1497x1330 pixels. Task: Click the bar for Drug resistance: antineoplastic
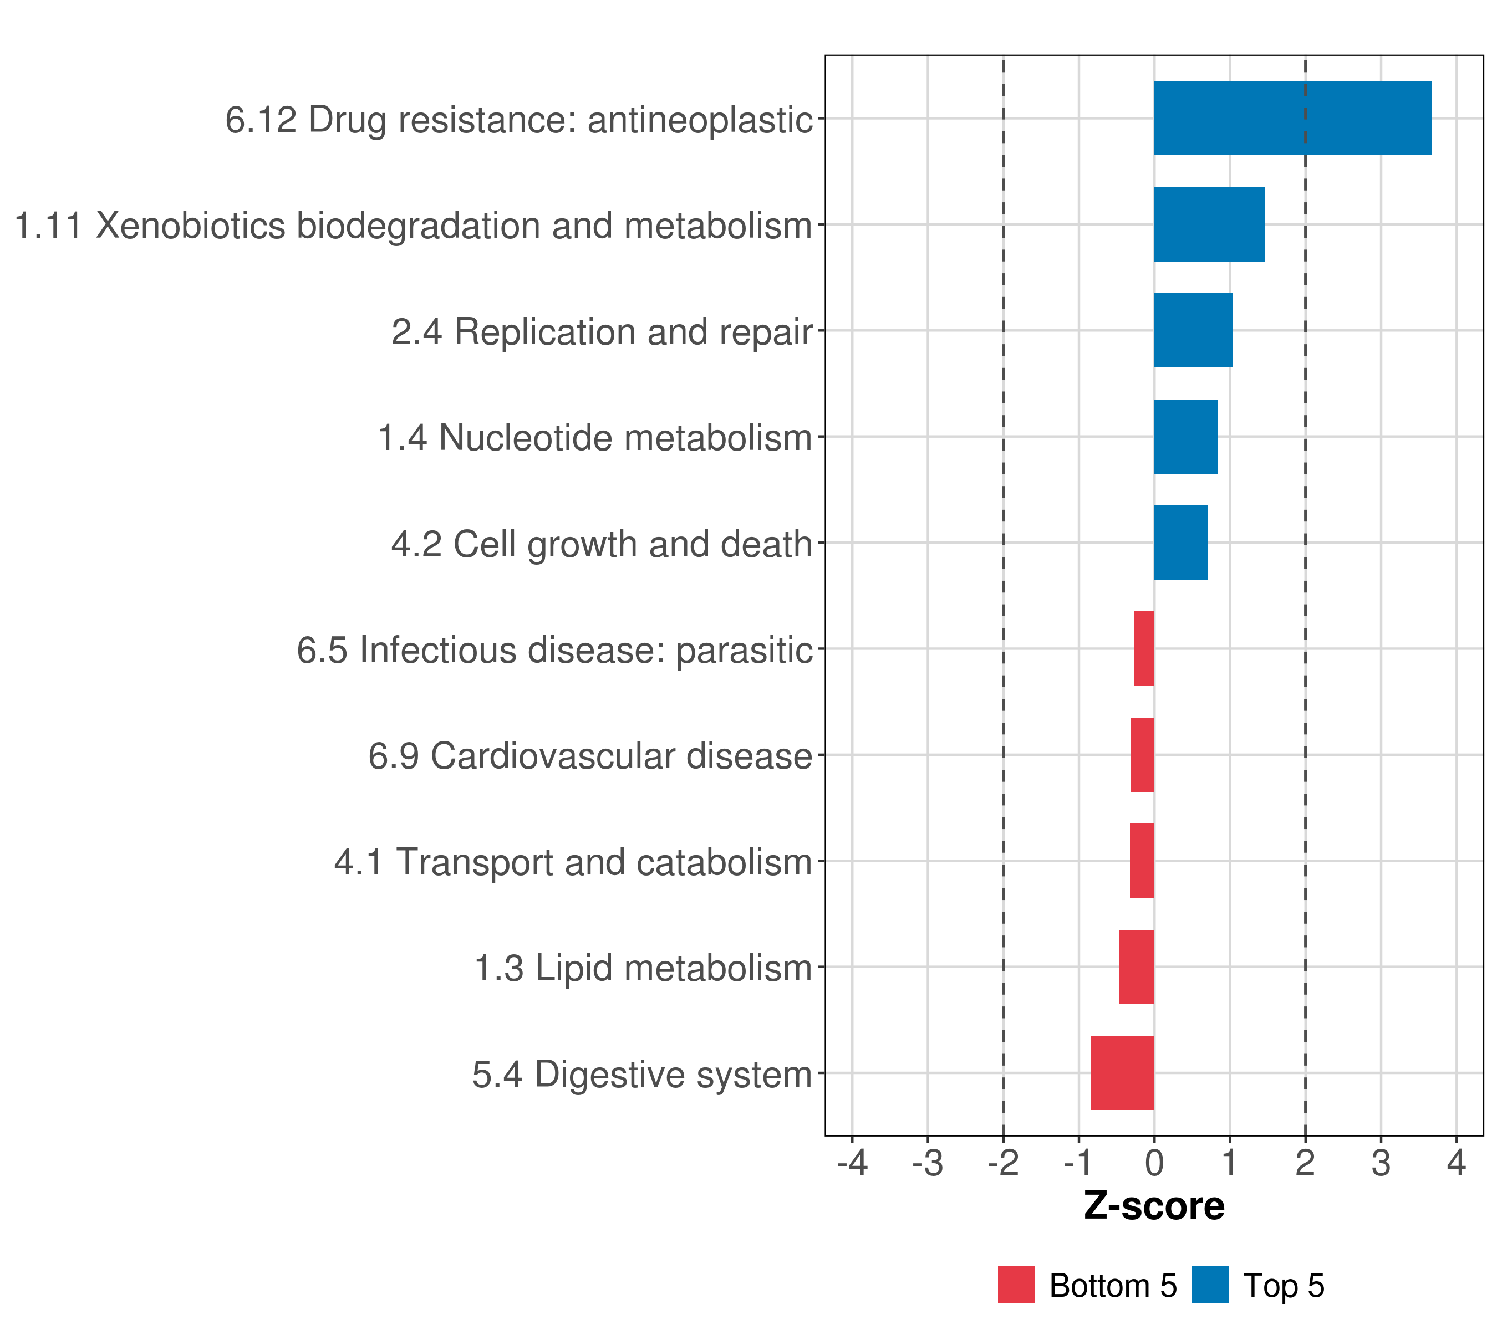point(1292,119)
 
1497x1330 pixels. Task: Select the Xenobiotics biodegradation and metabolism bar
point(1209,225)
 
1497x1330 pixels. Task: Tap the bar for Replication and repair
point(1193,330)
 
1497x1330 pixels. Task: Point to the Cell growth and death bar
point(1180,543)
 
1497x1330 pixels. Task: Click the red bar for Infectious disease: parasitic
point(1144,648)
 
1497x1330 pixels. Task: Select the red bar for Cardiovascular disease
point(1143,755)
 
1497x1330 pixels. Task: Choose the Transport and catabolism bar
point(1142,861)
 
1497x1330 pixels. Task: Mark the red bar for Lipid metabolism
point(1137,967)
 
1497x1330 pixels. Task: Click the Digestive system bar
point(1122,1073)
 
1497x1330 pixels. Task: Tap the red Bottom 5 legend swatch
point(1016,1285)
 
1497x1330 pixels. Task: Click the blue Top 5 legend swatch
point(1210,1285)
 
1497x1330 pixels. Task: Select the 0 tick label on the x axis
point(1154,1163)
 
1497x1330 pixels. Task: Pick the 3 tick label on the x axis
point(1381,1163)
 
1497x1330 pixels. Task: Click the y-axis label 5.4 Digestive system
point(641,1075)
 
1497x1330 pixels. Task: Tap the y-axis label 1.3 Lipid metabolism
point(643,968)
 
